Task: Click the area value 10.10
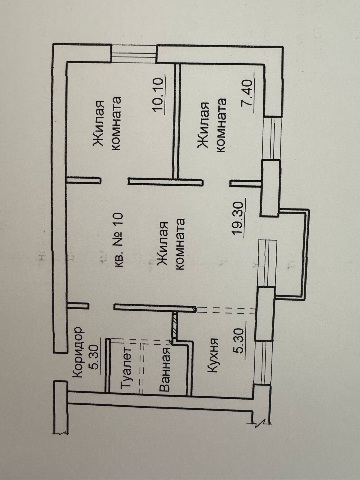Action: point(159,95)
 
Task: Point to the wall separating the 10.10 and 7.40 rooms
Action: point(177,120)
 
